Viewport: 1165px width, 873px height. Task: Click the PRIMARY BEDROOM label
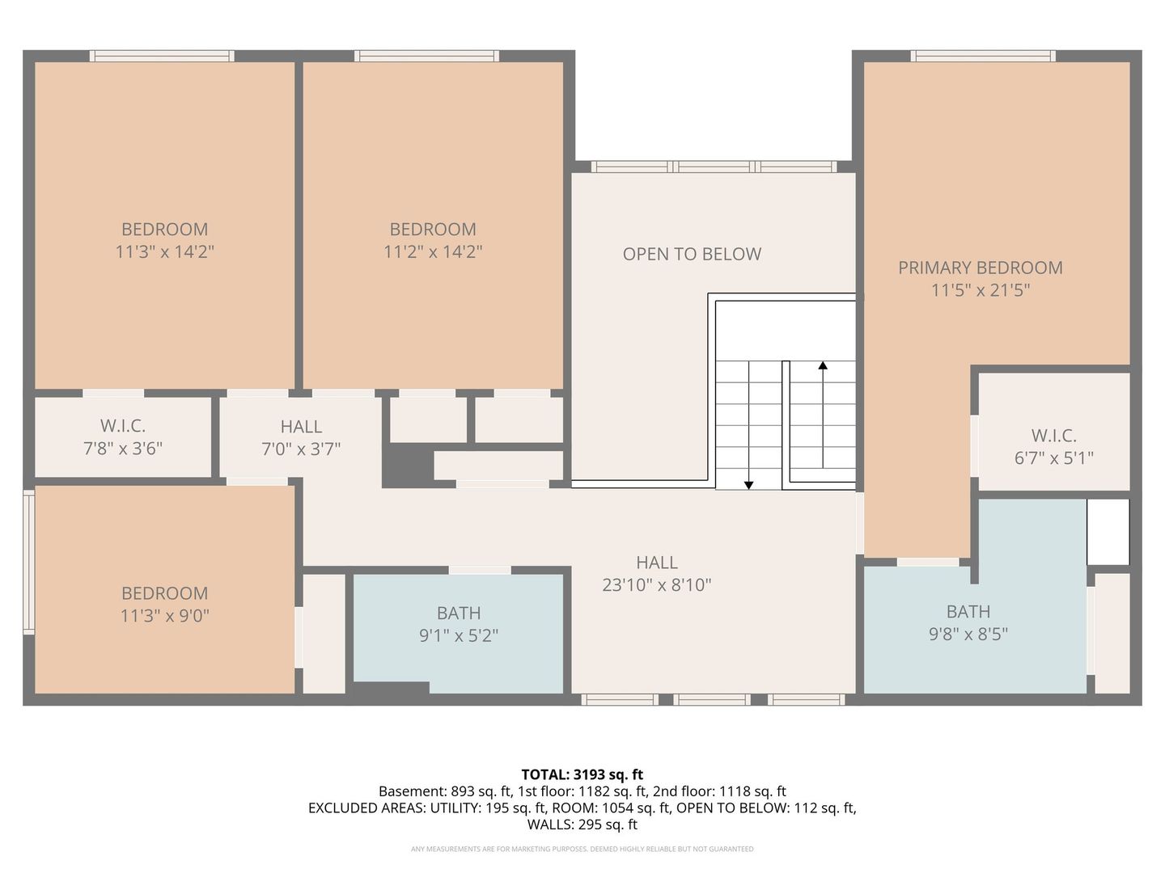(x=980, y=268)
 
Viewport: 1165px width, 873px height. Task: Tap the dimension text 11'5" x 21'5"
(x=980, y=290)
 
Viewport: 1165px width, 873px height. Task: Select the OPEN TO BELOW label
(x=692, y=254)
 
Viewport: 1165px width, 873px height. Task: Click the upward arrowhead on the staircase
(x=823, y=365)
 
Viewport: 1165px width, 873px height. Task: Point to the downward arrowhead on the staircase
(x=749, y=485)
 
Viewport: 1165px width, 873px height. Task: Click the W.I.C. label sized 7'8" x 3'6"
(x=123, y=425)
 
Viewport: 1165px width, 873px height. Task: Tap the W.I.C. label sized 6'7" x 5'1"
(x=1053, y=436)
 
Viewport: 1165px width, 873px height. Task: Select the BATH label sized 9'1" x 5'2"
(x=459, y=614)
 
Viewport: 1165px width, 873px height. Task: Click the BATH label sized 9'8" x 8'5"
(x=968, y=612)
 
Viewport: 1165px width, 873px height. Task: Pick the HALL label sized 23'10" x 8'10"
(x=656, y=563)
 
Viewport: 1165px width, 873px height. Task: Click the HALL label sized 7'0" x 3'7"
(x=301, y=426)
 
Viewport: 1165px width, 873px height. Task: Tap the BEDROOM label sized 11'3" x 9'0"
(x=164, y=593)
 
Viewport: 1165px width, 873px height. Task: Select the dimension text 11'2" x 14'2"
(x=433, y=251)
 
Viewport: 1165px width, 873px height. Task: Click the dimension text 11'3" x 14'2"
(x=164, y=251)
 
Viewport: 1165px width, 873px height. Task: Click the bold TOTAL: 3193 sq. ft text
(x=582, y=774)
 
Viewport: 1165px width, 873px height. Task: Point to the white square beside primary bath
(x=1108, y=531)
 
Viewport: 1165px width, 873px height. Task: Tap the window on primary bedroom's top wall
(x=982, y=56)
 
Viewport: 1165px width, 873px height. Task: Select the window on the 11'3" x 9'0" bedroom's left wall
(x=28, y=561)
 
